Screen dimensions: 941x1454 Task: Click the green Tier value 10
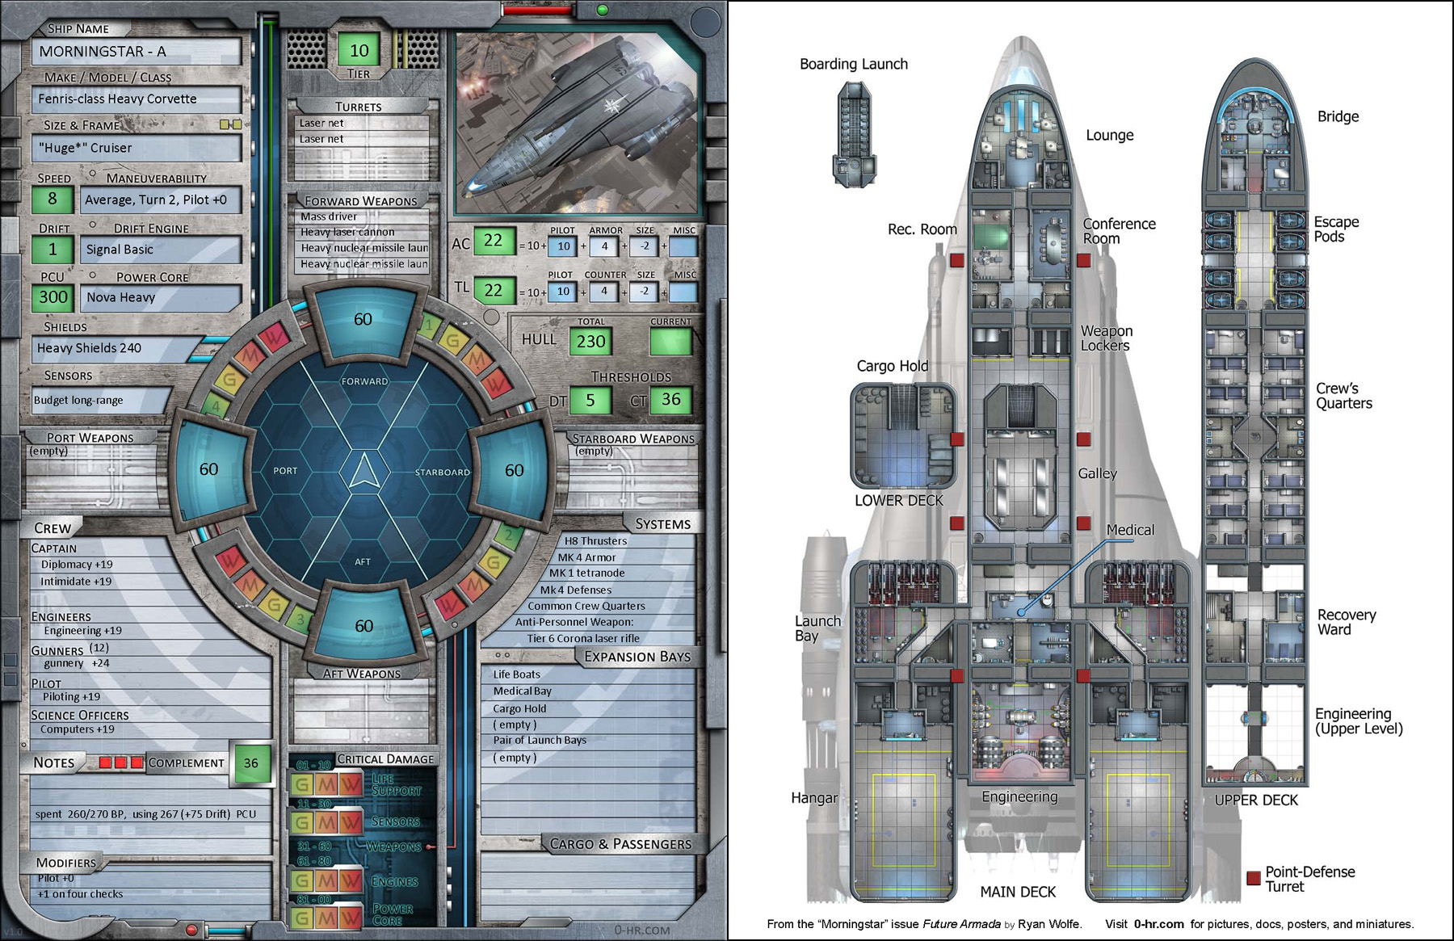pos(359,51)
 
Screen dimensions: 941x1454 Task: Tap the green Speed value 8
pos(53,199)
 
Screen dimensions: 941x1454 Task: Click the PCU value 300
pos(53,297)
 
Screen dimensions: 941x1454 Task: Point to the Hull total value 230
pos(590,342)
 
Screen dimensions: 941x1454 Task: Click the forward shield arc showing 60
pos(363,320)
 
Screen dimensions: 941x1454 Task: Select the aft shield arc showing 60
pos(363,626)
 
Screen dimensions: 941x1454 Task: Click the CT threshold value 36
pos(670,400)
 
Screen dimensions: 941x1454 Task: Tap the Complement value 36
pos(251,762)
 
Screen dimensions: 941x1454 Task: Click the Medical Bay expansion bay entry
pos(523,691)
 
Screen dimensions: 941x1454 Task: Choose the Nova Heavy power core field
pos(160,297)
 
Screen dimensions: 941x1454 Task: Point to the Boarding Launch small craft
pos(854,134)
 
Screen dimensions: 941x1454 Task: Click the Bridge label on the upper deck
pos(1338,116)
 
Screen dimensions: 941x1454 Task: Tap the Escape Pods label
pos(1336,229)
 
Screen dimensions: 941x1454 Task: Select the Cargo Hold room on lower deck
pos(903,436)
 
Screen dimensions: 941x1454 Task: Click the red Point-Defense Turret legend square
pos(1254,878)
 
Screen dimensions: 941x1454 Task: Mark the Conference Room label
pos(1119,231)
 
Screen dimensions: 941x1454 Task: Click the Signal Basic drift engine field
pos(160,250)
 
